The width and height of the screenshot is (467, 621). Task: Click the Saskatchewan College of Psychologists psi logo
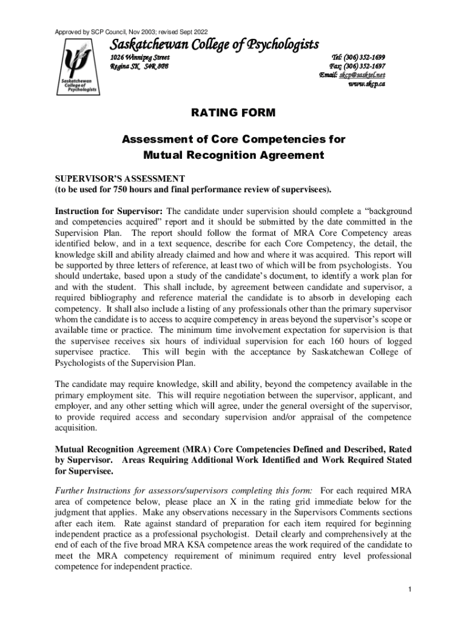tap(76, 65)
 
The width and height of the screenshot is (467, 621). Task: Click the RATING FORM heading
tap(233, 113)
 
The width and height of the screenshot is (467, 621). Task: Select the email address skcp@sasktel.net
tap(363, 75)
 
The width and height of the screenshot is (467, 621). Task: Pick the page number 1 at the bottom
tap(410, 590)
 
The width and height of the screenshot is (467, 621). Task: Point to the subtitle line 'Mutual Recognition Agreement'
tap(233, 155)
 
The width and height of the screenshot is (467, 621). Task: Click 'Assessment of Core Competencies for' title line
tap(233, 139)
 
